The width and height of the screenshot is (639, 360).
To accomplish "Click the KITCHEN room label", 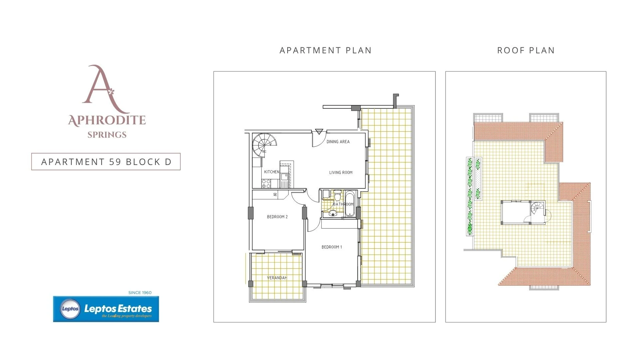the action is point(272,172).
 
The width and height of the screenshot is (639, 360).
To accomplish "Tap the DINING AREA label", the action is point(338,142).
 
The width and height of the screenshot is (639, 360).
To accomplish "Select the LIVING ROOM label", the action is point(341,173).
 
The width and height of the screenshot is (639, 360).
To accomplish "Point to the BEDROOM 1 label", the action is point(332,247).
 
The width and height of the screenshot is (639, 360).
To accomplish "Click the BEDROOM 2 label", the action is point(277,217).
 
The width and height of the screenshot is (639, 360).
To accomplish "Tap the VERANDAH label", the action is point(277,278).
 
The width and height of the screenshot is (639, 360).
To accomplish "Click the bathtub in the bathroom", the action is point(349,204).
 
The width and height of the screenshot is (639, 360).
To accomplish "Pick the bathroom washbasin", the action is point(332,213).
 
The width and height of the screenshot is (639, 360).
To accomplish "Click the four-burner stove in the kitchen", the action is point(266,184).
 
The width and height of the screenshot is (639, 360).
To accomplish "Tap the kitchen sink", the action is point(284,177).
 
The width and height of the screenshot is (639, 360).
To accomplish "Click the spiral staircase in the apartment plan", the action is point(264,145).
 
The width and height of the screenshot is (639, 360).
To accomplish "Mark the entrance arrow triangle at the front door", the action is point(319,132).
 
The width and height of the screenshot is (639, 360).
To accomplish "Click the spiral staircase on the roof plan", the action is point(537,209).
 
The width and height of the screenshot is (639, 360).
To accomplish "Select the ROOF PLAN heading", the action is point(526,50).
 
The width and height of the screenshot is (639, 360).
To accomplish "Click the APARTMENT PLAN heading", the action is point(325,50).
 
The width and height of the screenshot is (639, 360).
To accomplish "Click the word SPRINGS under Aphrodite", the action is point(107,135).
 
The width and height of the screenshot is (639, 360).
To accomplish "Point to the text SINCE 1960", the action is point(140,293).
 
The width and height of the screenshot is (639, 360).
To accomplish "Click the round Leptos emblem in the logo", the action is point(70,309).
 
